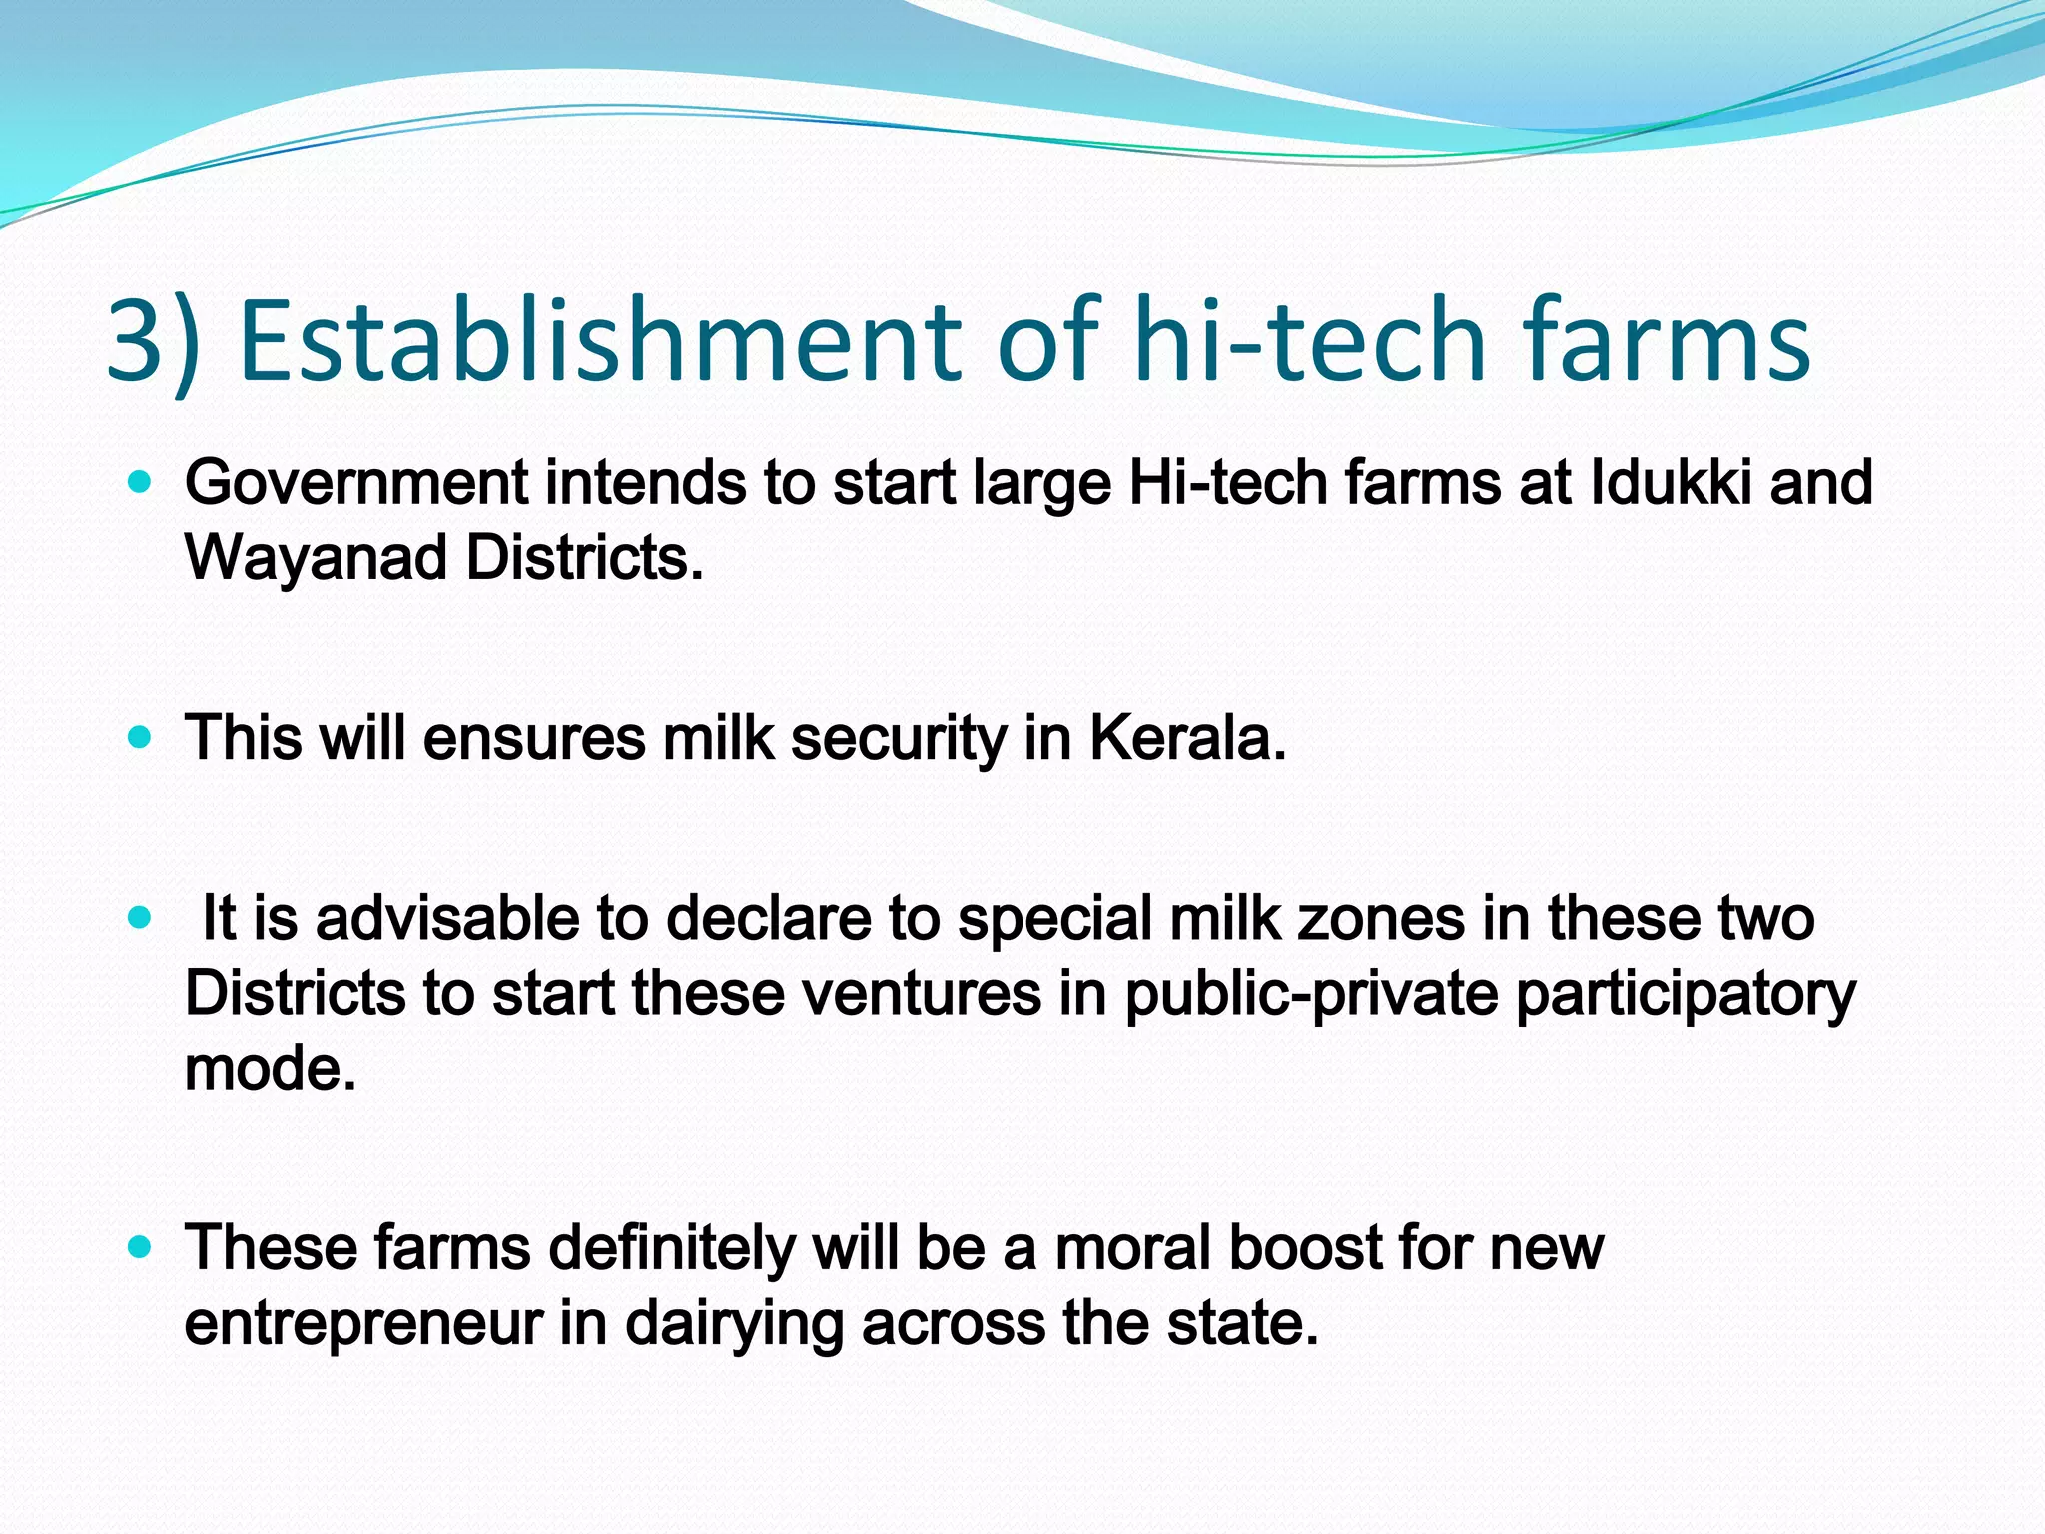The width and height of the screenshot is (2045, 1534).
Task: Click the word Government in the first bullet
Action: click(x=355, y=485)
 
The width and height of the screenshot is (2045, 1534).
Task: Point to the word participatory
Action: click(x=1686, y=995)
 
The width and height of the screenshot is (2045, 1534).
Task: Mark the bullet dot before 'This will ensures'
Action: click(x=140, y=739)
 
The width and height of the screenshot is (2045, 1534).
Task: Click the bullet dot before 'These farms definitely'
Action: click(x=140, y=1247)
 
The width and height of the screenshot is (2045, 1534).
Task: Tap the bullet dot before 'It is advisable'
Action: click(x=140, y=918)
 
